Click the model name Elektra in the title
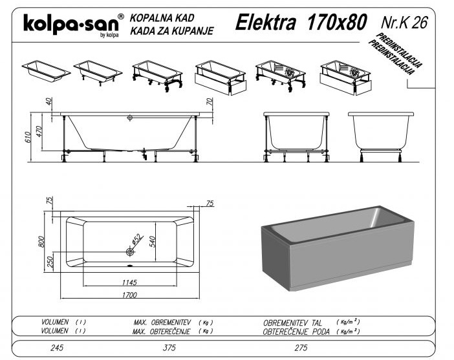click(x=266, y=22)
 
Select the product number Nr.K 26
click(x=404, y=22)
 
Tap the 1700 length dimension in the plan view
click(x=129, y=295)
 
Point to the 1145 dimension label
click(x=129, y=282)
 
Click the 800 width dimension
click(x=41, y=241)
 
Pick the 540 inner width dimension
click(x=152, y=242)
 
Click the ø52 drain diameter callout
click(x=137, y=239)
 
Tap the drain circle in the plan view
click(x=130, y=252)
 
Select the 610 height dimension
click(x=28, y=137)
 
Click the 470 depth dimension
click(x=39, y=131)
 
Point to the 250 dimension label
click(x=50, y=262)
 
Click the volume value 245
click(x=57, y=348)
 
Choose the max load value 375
click(x=169, y=348)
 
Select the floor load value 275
click(x=301, y=348)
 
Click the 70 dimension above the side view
click(x=210, y=101)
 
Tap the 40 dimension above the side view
click(x=49, y=101)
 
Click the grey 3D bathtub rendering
click(x=338, y=248)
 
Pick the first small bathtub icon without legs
click(x=46, y=71)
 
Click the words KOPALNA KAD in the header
click(x=162, y=18)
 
